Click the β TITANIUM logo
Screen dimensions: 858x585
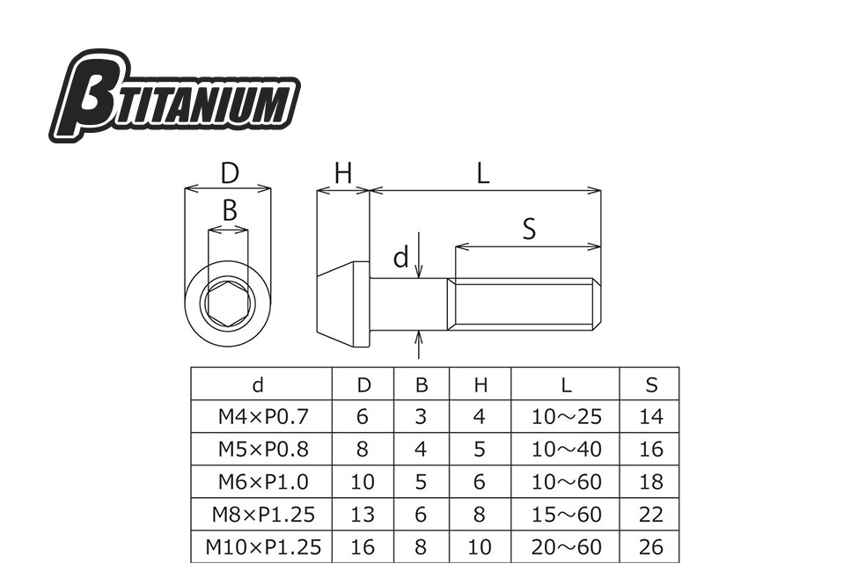[x=174, y=96]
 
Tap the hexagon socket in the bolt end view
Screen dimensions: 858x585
[x=228, y=303]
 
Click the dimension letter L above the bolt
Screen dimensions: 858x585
[x=482, y=174]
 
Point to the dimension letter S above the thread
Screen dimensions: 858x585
[x=529, y=229]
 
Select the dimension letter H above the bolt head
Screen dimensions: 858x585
[x=343, y=173]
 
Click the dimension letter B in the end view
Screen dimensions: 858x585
[x=230, y=210]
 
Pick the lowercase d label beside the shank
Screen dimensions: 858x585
[x=401, y=257]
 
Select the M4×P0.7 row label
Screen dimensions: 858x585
[x=263, y=417]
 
